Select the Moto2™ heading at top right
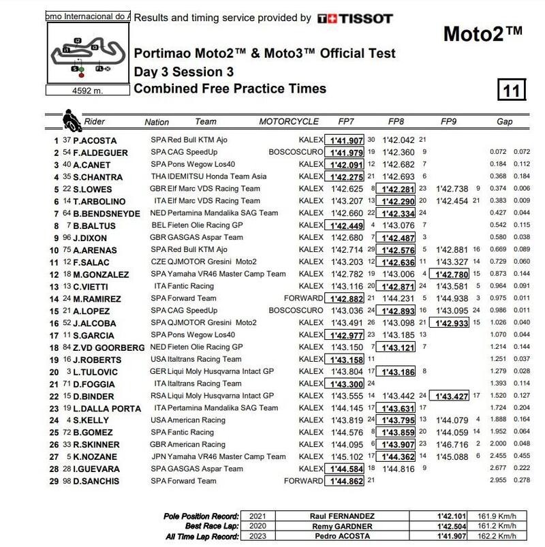(x=483, y=35)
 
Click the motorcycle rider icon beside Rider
(x=70, y=121)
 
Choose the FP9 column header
(x=448, y=122)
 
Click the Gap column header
(x=505, y=122)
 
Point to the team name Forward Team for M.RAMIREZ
(x=196, y=298)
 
